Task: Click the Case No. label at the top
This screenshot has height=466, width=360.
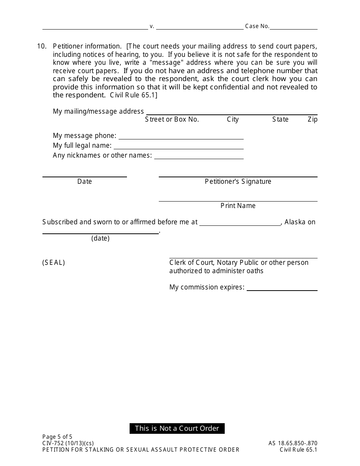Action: click(257, 26)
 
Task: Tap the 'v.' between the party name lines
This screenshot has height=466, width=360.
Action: click(152, 27)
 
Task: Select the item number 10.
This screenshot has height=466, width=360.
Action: click(42, 46)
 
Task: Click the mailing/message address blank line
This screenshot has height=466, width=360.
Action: click(232, 113)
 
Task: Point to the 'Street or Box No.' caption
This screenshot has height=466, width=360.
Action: click(172, 119)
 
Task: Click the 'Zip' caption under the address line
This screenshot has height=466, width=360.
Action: click(312, 119)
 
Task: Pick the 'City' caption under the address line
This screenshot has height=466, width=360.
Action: click(233, 119)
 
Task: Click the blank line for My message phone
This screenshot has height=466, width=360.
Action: click(181, 138)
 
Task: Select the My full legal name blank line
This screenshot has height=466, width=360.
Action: click(178, 147)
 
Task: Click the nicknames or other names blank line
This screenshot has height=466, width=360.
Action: click(199, 157)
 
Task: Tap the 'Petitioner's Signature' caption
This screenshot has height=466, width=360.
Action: click(238, 181)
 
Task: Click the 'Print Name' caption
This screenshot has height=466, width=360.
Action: click(238, 206)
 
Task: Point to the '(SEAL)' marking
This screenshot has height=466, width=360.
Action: click(53, 263)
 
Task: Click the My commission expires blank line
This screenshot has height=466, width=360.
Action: click(282, 289)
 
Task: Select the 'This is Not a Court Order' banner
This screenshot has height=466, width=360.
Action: click(177, 428)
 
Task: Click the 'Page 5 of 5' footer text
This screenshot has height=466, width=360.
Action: click(57, 436)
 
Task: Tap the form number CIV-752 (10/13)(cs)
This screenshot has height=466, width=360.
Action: click(68, 443)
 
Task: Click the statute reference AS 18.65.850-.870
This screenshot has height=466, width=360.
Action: click(293, 443)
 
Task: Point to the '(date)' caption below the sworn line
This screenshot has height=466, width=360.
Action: click(100, 238)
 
